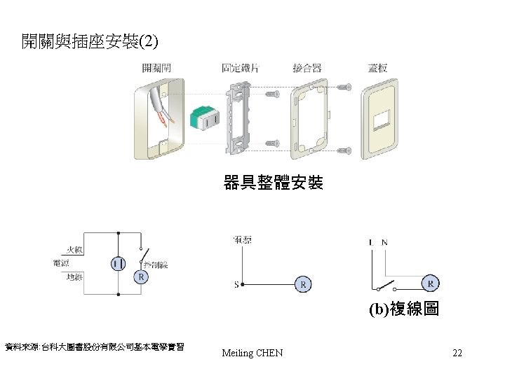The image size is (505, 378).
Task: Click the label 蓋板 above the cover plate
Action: pyautogui.click(x=377, y=68)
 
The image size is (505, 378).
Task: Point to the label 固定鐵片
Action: pyautogui.click(x=240, y=68)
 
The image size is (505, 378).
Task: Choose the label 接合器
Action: pyautogui.click(x=307, y=68)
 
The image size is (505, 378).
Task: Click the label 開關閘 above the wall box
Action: pyautogui.click(x=157, y=68)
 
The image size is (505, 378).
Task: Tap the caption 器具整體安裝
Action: pyautogui.click(x=273, y=183)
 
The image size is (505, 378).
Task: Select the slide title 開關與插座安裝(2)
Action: pyautogui.click(x=90, y=42)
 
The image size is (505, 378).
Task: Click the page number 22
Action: pyautogui.click(x=457, y=353)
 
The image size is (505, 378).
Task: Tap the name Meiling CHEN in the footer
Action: pyautogui.click(x=252, y=353)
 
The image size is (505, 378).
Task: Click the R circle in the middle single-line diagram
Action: pyautogui.click(x=303, y=285)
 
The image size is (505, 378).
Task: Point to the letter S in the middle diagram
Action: pyautogui.click(x=236, y=284)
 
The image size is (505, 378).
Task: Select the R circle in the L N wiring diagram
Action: pyautogui.click(x=431, y=283)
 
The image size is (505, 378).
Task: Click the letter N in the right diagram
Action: pyautogui.click(x=384, y=242)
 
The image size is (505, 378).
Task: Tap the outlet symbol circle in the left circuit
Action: pyautogui.click(x=119, y=263)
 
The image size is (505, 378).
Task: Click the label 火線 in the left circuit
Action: pyautogui.click(x=74, y=248)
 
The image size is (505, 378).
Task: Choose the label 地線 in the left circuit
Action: pyautogui.click(x=74, y=277)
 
